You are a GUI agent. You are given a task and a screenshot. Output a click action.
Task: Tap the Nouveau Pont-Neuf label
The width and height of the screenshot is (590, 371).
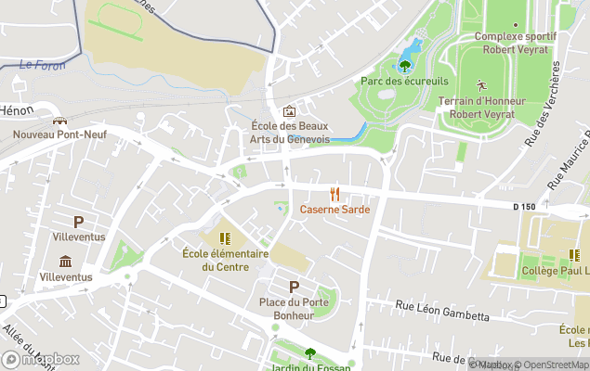tap(59, 134)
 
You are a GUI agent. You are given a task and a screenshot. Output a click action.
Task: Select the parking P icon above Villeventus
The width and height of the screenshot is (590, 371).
tap(79, 222)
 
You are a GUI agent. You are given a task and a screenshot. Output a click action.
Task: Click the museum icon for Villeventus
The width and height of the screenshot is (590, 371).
tap(65, 262)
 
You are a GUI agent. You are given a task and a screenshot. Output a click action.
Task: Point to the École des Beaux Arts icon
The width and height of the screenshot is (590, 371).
tap(289, 111)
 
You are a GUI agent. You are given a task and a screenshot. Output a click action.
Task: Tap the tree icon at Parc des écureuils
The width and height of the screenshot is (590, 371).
tap(405, 65)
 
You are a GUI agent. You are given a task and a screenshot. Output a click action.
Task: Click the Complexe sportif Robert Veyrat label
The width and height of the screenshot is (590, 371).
tap(515, 43)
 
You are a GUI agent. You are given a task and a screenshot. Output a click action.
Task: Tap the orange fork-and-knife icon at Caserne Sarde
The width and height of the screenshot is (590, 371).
tap(334, 194)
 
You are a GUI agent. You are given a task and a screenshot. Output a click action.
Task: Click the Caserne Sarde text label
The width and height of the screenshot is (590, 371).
tap(334, 210)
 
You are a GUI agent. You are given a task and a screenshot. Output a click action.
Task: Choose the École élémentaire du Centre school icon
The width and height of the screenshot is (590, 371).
tap(224, 237)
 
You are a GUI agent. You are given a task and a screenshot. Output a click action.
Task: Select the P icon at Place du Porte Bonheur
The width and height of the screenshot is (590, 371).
tap(295, 287)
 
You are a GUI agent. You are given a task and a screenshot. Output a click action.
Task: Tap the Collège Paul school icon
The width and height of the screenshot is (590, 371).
tap(574, 255)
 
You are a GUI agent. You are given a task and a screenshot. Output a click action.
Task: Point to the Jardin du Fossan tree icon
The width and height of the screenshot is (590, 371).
tap(310, 352)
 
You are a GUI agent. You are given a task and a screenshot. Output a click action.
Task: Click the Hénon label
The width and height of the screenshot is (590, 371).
tap(17, 109)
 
